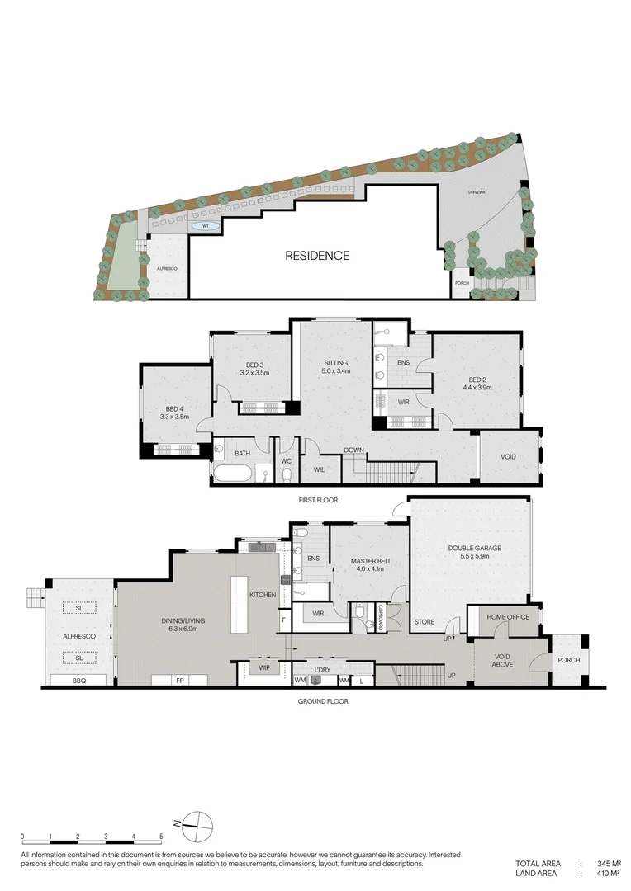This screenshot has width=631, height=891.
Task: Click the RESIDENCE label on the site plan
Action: point(317,256)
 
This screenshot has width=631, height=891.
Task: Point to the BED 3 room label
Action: point(254,365)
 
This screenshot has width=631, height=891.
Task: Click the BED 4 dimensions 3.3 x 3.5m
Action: point(175,417)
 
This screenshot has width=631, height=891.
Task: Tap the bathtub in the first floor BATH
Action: point(233,474)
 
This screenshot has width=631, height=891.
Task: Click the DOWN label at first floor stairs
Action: point(354,450)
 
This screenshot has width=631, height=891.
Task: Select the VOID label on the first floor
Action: point(509,456)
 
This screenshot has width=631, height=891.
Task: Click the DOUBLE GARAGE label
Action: point(475,548)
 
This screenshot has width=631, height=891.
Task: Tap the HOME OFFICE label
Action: point(507,617)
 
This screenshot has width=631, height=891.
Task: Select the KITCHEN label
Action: point(263,595)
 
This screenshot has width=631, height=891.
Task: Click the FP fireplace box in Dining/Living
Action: point(179,681)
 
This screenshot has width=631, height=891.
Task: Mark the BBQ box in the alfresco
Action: point(79,681)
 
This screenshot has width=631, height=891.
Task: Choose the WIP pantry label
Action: point(264,667)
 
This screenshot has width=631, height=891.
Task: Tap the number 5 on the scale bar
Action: point(161,837)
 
